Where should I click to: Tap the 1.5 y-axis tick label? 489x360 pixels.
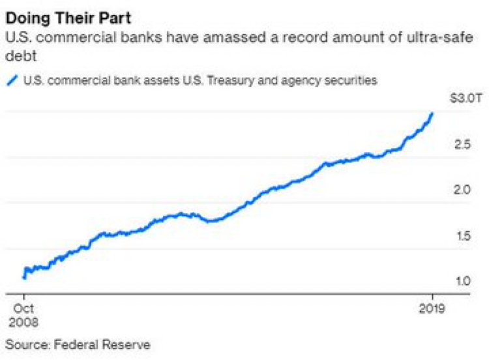[461, 235]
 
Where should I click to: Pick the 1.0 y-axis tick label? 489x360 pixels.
[461, 281]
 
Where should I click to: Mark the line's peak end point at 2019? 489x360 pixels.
[432, 113]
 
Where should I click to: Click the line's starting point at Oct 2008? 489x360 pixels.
[24, 278]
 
